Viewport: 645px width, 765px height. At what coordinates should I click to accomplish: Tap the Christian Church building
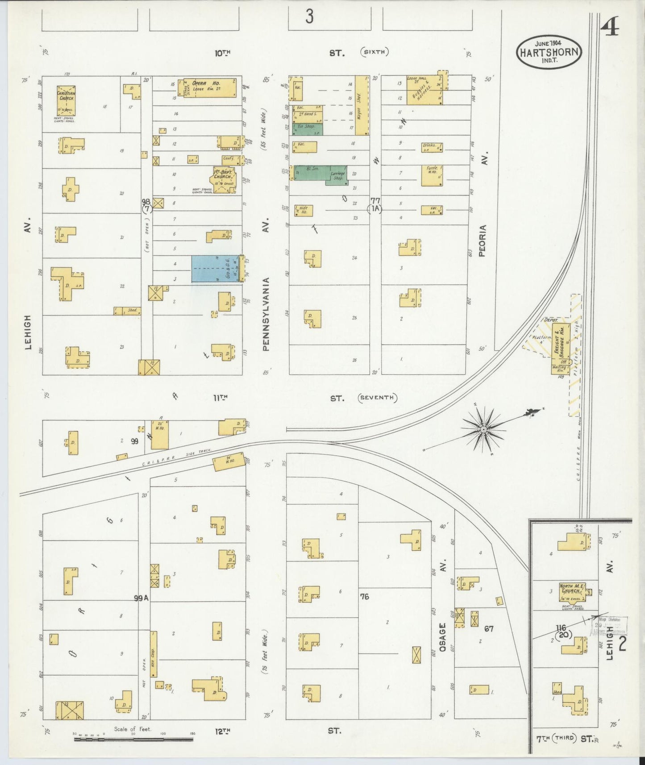tap(66, 100)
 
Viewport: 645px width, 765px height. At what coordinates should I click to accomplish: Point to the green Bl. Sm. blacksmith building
tap(311, 172)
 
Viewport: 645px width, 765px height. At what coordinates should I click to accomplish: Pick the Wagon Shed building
tap(362, 105)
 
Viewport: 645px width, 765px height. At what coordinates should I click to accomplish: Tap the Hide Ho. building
tap(303, 211)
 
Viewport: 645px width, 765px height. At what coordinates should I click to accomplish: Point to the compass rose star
tap(483, 429)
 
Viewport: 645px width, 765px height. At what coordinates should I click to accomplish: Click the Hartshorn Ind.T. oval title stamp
tap(549, 52)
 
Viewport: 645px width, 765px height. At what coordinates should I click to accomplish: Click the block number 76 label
tap(365, 596)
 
